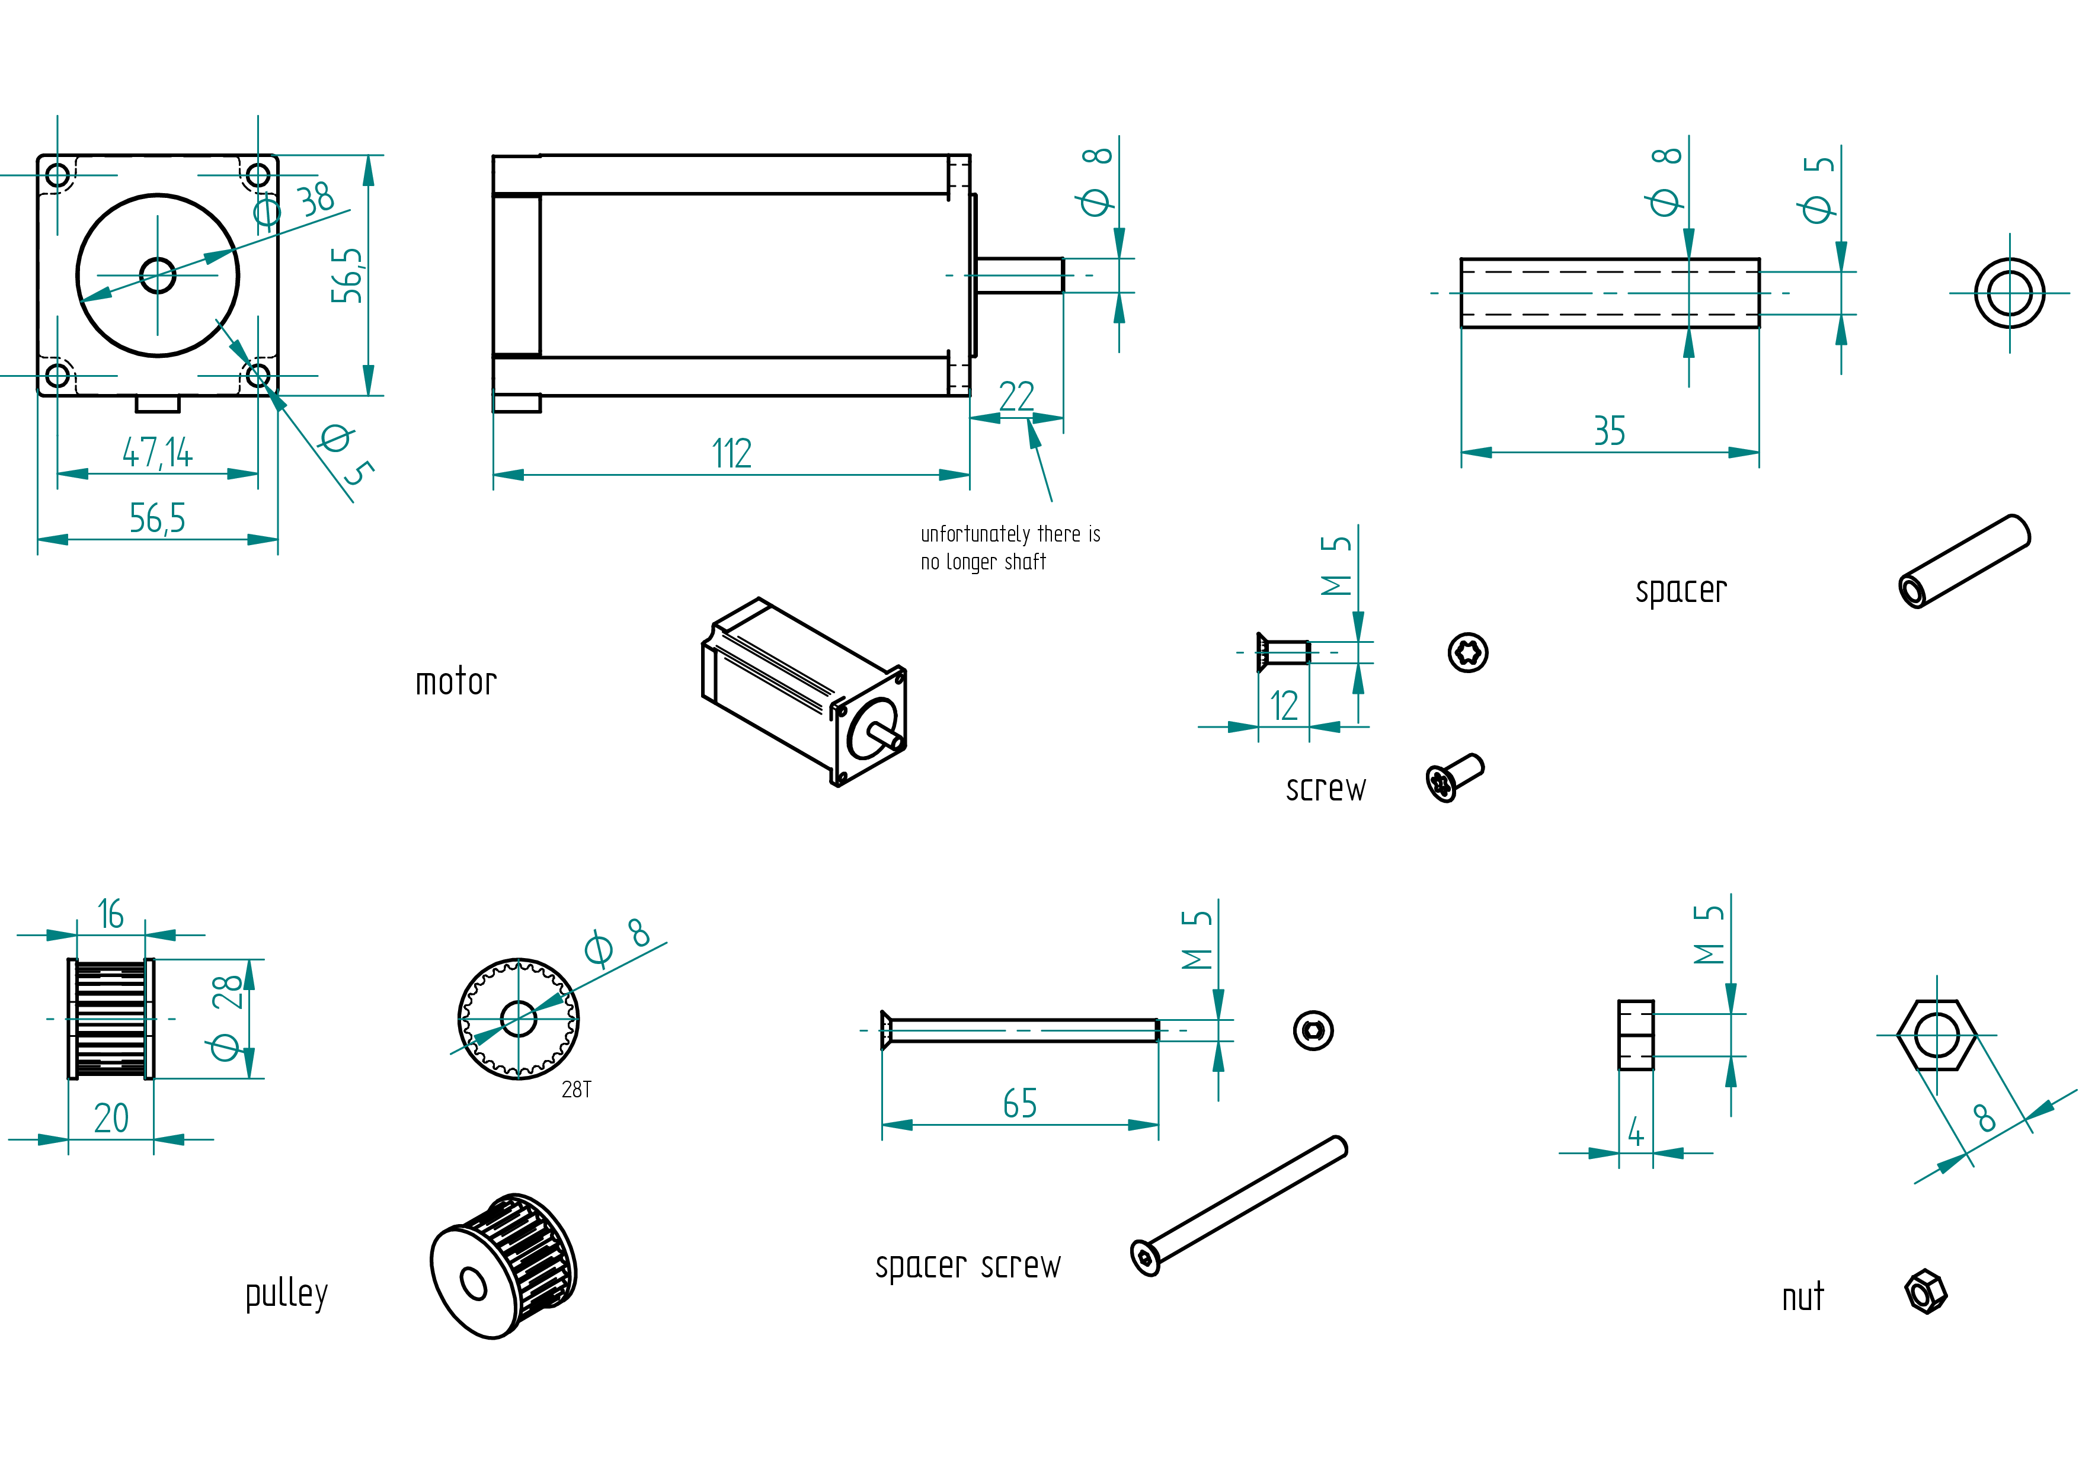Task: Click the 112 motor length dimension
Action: (732, 453)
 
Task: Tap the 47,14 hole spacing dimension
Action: (158, 453)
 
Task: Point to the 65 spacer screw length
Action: (1019, 1103)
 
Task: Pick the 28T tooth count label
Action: (576, 1089)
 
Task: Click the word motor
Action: (456, 681)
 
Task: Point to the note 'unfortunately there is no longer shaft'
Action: (1010, 547)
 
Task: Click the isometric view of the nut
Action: (1926, 1292)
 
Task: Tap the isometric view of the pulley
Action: (503, 1266)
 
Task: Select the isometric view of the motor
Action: (804, 691)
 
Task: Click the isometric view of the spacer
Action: (1965, 561)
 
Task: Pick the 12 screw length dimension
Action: (1284, 705)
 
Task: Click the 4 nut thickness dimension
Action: (1635, 1132)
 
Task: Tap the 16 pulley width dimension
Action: (110, 914)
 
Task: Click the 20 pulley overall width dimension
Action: (111, 1119)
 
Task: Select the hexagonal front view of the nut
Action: (1937, 1035)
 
